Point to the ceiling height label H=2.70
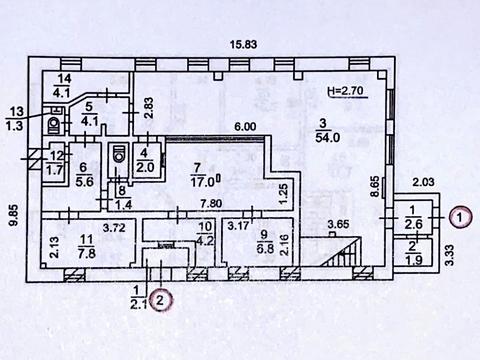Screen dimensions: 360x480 [x=348, y=90]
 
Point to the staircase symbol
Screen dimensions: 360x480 [x=343, y=251]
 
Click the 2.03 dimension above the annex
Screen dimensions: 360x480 [x=424, y=181]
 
